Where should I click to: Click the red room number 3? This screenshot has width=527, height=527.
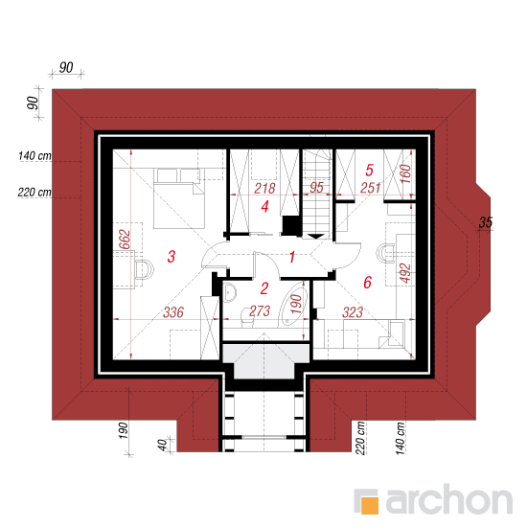pos(172,257)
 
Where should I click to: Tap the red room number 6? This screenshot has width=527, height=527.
pos(368,283)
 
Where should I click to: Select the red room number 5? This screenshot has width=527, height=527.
pos(369,170)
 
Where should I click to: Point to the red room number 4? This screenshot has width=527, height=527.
pos(264,206)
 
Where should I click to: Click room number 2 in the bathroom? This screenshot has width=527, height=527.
pos(264,288)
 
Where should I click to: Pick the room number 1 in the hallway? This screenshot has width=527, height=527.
pos(292,257)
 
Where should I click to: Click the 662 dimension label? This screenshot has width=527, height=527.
pos(125,239)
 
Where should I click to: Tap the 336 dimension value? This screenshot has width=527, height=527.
pos(173,312)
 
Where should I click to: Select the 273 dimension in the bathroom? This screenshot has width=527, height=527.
pos(260,311)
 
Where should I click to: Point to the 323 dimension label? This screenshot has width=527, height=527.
pos(353,312)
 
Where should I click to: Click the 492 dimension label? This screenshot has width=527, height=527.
pos(405,273)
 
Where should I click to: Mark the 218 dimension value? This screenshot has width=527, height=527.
pos(264,189)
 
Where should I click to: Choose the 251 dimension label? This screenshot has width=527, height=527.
pos(371,188)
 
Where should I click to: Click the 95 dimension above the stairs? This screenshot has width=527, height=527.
pos(316,188)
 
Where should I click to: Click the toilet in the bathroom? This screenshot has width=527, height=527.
pos(247,317)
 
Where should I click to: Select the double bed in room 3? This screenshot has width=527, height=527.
pos(179,198)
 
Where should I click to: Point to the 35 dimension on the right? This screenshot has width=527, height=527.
pos(486,222)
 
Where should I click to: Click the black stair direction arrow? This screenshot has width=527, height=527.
pos(316,237)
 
